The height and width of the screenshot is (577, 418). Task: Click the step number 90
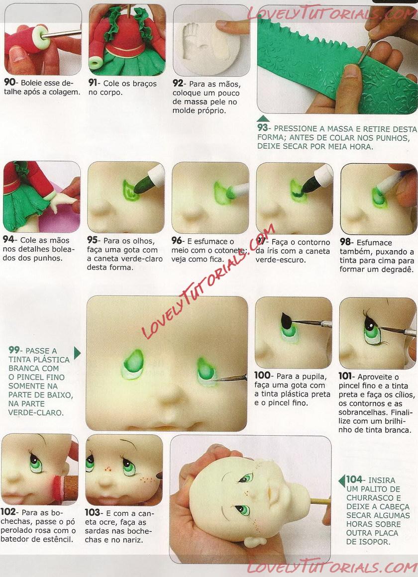point(9,83)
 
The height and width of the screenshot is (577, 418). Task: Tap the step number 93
point(263,128)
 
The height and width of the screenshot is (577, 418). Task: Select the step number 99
point(14,350)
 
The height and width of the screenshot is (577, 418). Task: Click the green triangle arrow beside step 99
point(77,353)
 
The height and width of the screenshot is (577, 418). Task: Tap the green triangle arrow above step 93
point(263,118)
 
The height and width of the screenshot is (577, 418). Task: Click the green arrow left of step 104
point(341,481)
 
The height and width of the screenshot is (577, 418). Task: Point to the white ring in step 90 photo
point(40,37)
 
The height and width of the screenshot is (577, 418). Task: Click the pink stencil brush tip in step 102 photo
point(57,488)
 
